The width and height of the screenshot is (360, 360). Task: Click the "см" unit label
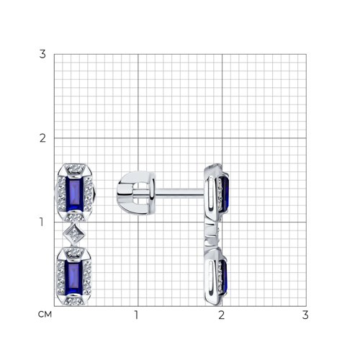(45, 315)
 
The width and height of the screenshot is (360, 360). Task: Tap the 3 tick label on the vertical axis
(42, 54)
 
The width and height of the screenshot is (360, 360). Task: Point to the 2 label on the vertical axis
(42, 138)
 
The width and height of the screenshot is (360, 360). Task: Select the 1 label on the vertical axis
(42, 222)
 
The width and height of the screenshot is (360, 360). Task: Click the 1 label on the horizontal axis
(136, 315)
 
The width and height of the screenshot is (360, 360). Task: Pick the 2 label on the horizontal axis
(221, 315)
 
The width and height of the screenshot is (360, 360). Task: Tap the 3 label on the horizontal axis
(305, 315)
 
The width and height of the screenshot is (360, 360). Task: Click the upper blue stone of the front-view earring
(74, 193)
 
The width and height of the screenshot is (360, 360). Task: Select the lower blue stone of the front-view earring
(74, 277)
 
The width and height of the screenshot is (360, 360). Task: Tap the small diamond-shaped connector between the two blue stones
(74, 234)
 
